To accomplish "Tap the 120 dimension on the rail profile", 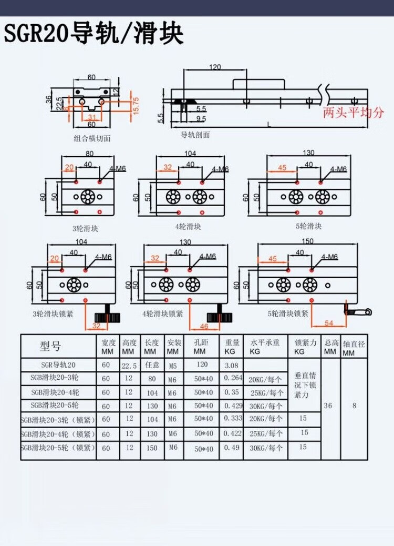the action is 215,67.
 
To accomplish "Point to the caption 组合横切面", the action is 92,139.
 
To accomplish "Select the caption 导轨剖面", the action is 195,135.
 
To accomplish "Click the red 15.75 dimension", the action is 136,106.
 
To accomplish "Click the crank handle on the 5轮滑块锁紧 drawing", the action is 357,310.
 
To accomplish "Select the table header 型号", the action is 50,347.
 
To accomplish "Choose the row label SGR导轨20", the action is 58,365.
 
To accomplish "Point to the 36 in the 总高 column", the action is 328,406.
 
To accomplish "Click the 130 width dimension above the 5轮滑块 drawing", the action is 308,153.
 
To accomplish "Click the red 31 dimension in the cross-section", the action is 91,117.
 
